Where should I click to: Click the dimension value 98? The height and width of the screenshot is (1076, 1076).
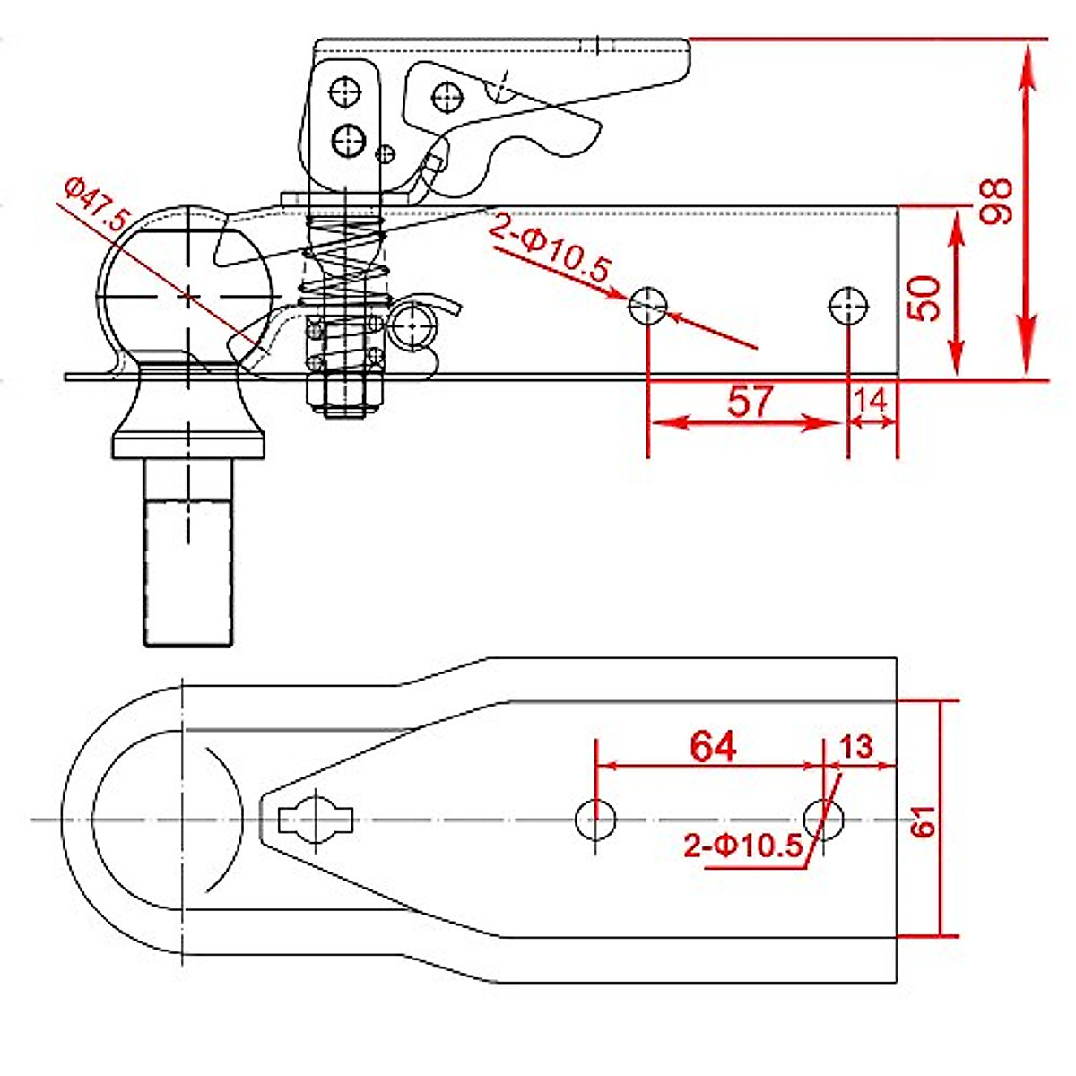click(x=996, y=201)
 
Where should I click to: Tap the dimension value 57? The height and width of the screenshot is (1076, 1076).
click(x=750, y=401)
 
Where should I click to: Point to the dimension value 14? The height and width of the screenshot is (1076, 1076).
click(x=872, y=400)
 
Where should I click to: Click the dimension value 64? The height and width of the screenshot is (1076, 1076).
click(x=714, y=745)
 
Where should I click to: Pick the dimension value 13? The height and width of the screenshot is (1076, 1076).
click(x=857, y=746)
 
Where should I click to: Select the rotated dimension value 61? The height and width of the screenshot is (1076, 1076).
click(x=924, y=820)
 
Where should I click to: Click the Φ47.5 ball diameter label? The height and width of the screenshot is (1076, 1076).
click(x=97, y=208)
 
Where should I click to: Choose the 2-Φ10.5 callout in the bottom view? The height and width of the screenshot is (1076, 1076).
click(x=743, y=846)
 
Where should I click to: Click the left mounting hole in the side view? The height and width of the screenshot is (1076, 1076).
click(x=647, y=306)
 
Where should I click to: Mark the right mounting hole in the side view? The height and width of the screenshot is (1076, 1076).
click(x=849, y=306)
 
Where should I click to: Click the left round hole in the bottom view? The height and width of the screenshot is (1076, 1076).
click(x=595, y=820)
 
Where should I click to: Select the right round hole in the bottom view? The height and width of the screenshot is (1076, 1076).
click(x=824, y=819)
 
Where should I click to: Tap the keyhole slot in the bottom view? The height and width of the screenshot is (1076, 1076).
click(x=316, y=819)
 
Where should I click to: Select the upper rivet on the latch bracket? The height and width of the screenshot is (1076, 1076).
click(x=344, y=92)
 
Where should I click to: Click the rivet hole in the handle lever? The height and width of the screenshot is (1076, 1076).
click(x=446, y=96)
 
